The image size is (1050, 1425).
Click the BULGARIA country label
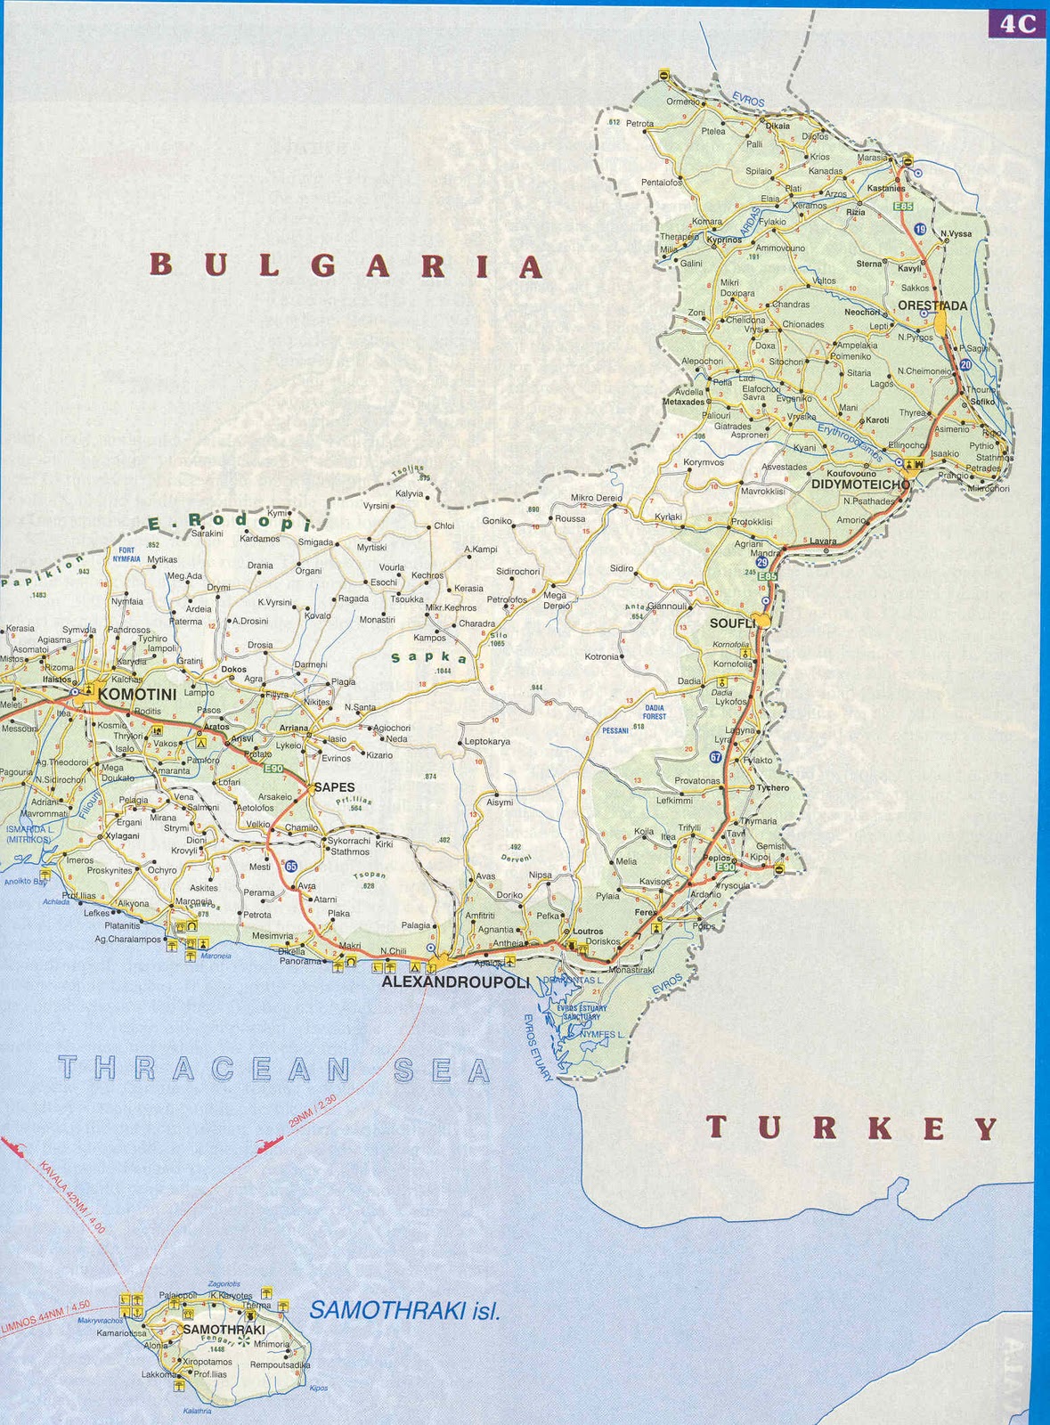[x=346, y=265]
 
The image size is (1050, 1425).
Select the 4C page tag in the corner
[x=1017, y=24]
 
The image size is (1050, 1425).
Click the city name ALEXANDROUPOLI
[x=455, y=982]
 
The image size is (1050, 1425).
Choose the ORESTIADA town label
[x=932, y=305]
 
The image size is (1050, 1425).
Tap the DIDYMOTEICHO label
[x=860, y=484]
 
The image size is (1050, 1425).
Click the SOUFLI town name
[x=732, y=623]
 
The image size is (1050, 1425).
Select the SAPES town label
[x=334, y=787]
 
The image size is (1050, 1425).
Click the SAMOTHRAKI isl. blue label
[x=404, y=1310]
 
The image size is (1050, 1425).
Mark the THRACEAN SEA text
[x=275, y=1069]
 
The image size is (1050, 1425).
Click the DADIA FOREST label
[x=655, y=711]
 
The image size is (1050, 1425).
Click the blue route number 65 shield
[x=291, y=865]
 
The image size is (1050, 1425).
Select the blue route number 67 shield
[x=716, y=757]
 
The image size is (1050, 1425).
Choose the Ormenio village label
[x=683, y=102]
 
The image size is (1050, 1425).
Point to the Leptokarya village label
[x=488, y=741]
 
